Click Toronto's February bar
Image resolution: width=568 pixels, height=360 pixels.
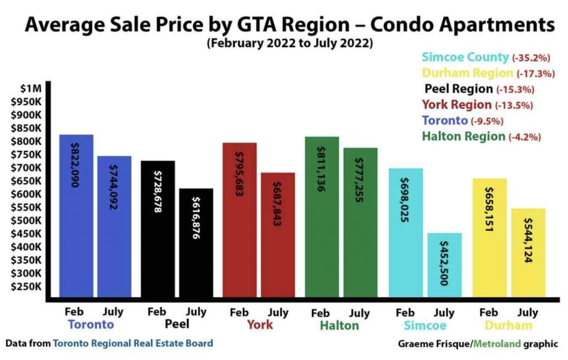pos(76,216)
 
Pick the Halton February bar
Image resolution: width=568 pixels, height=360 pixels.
pos(322,216)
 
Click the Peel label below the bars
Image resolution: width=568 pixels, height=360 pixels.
pos(177,324)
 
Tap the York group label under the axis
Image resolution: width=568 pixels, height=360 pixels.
pos(259,324)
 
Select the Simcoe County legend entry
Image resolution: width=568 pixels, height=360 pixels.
pos(465,57)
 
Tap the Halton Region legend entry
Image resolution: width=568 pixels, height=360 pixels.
pos(464,136)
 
